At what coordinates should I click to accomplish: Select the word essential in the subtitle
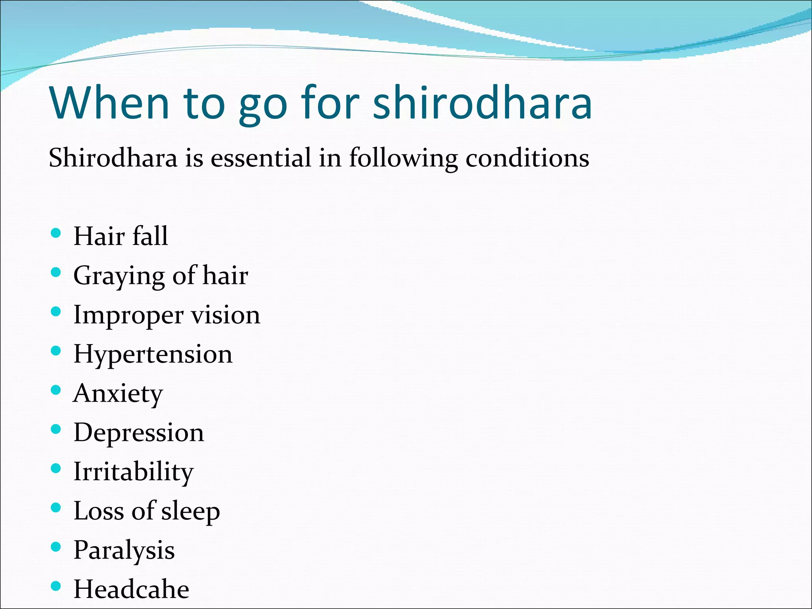click(x=260, y=158)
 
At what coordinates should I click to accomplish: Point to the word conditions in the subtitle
click(x=527, y=158)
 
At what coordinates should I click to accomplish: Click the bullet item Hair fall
click(x=121, y=236)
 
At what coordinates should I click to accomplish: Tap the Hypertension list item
click(x=153, y=354)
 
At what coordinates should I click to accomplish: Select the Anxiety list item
click(x=118, y=394)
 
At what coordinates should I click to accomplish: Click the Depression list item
click(x=138, y=432)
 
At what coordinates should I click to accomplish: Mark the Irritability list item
click(x=133, y=472)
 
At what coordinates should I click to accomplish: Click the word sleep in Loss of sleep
click(x=190, y=511)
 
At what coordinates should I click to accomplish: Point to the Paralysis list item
click(x=124, y=550)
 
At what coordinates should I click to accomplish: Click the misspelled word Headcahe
click(x=131, y=589)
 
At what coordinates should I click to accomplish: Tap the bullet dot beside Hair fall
click(x=56, y=233)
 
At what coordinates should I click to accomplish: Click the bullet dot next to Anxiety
click(x=56, y=390)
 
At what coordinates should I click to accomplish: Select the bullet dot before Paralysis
click(x=56, y=547)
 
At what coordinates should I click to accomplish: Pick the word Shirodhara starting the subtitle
click(x=113, y=158)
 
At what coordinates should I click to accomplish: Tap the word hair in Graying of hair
click(x=225, y=275)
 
